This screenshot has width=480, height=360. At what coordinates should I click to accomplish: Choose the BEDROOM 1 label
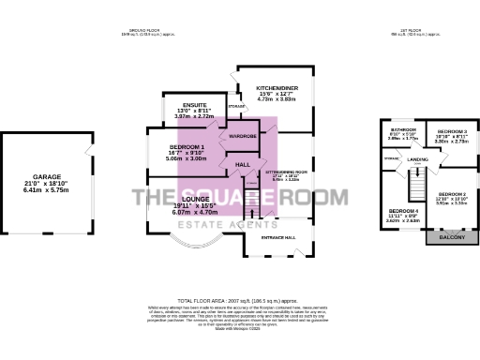[x=186, y=146]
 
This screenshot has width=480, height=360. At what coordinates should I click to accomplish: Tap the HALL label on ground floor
[x=242, y=166]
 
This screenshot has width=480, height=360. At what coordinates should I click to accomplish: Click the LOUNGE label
[x=194, y=199]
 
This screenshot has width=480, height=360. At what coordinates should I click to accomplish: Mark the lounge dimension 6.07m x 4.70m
[x=194, y=213]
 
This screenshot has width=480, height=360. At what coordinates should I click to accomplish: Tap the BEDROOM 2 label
[x=452, y=193]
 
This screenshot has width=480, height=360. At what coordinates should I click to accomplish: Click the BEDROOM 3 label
[x=453, y=131]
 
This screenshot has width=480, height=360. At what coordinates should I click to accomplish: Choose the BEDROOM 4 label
[x=403, y=211]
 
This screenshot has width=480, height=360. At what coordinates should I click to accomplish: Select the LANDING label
[x=417, y=160]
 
